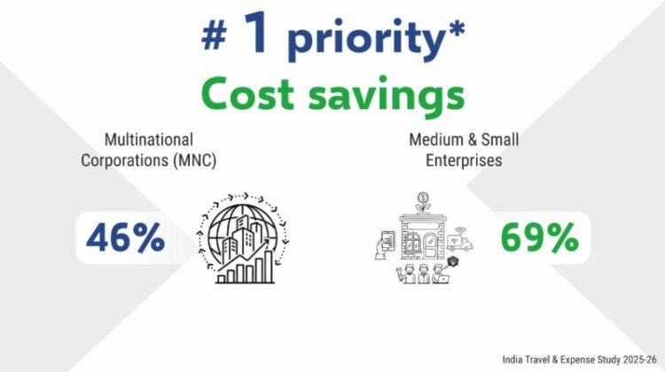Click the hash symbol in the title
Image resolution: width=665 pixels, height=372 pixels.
point(214,36)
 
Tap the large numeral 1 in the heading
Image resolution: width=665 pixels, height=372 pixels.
point(255,32)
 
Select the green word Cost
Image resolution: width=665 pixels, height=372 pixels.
point(247,93)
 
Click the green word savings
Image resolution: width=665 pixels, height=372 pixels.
point(387,97)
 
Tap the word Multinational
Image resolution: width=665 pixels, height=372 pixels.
point(149,140)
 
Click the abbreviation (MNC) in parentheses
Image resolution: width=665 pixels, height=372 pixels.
point(195,160)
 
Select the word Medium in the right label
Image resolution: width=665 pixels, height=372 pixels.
point(434,140)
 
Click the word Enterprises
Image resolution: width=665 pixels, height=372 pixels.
point(464,160)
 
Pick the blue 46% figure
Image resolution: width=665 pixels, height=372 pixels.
point(126,238)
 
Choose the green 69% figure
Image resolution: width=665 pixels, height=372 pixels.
point(540,238)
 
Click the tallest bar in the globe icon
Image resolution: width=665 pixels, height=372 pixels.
point(269,267)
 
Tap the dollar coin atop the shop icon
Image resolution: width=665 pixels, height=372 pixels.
point(422,197)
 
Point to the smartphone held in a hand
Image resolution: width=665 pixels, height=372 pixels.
point(388,241)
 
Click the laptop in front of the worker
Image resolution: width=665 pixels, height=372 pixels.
point(442,279)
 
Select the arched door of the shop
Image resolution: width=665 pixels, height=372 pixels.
point(430,244)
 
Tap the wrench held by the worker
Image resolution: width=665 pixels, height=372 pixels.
point(399,270)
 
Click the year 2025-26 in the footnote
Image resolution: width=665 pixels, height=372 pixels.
point(639,360)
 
